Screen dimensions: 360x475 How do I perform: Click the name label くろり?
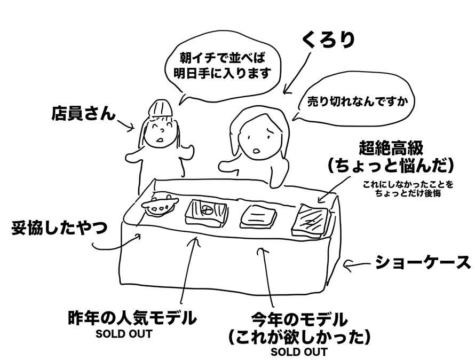328,40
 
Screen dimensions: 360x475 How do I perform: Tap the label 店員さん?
83,113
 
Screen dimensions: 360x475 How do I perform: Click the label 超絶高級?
392,147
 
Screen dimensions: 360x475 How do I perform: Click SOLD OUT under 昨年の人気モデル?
124,334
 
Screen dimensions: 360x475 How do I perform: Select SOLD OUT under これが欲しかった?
299,352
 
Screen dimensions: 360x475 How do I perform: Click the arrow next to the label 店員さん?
126,126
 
